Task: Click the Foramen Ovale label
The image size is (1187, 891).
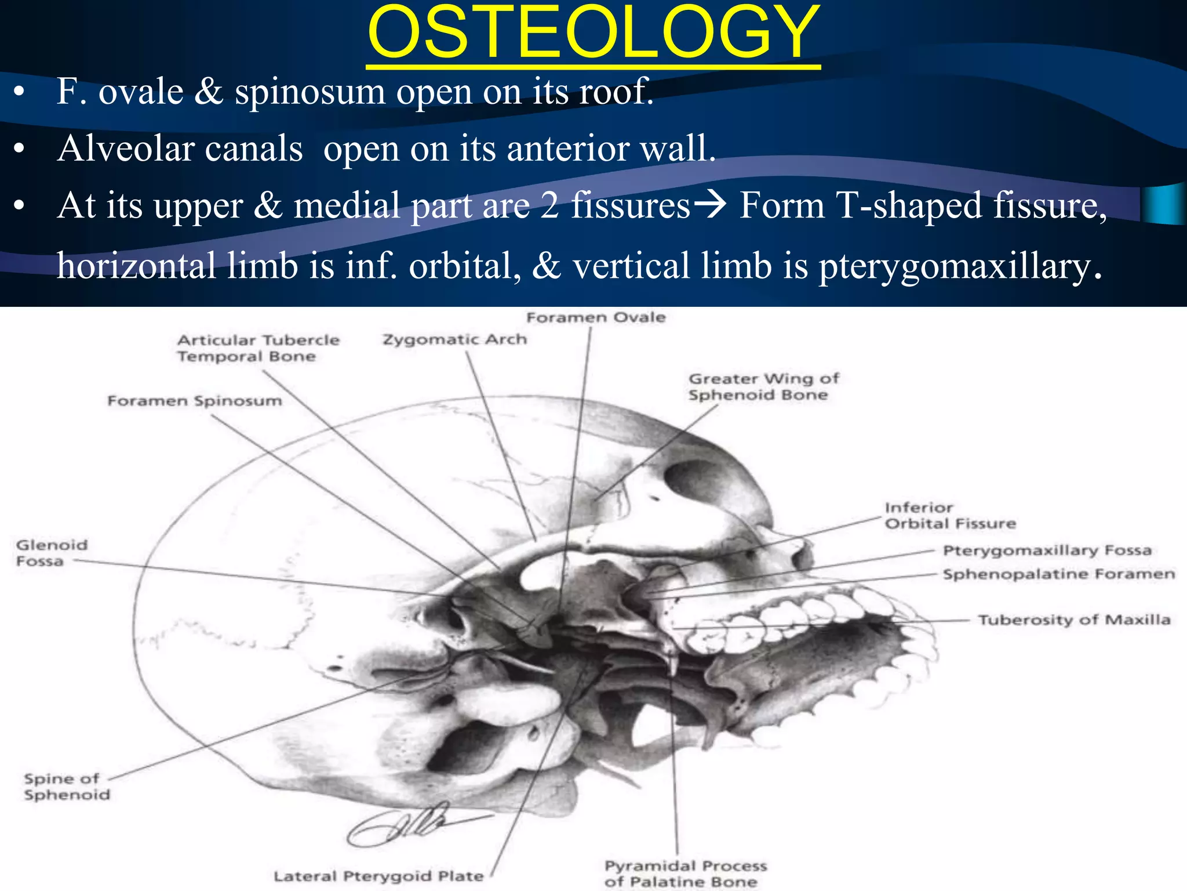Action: [596, 317]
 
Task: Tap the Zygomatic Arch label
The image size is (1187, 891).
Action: [455, 339]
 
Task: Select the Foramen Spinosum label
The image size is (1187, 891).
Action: [195, 401]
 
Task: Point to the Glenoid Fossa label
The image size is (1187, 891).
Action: [51, 553]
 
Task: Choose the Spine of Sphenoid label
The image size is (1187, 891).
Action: [66, 787]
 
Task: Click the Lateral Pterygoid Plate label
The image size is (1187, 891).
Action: [378, 876]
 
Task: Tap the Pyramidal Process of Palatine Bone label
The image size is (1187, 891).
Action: [685, 874]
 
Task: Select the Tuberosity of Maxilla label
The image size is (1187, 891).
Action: [1074, 620]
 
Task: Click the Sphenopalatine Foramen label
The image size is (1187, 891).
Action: [1058, 574]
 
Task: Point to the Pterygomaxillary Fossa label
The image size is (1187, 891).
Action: [1047, 550]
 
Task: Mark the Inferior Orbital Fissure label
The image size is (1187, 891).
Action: [949, 516]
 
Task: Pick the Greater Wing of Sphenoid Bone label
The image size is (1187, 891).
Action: [763, 387]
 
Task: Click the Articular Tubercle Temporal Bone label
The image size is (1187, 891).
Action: [258, 348]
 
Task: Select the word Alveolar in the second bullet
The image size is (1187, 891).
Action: [180, 148]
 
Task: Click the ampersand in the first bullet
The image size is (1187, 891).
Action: [209, 92]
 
